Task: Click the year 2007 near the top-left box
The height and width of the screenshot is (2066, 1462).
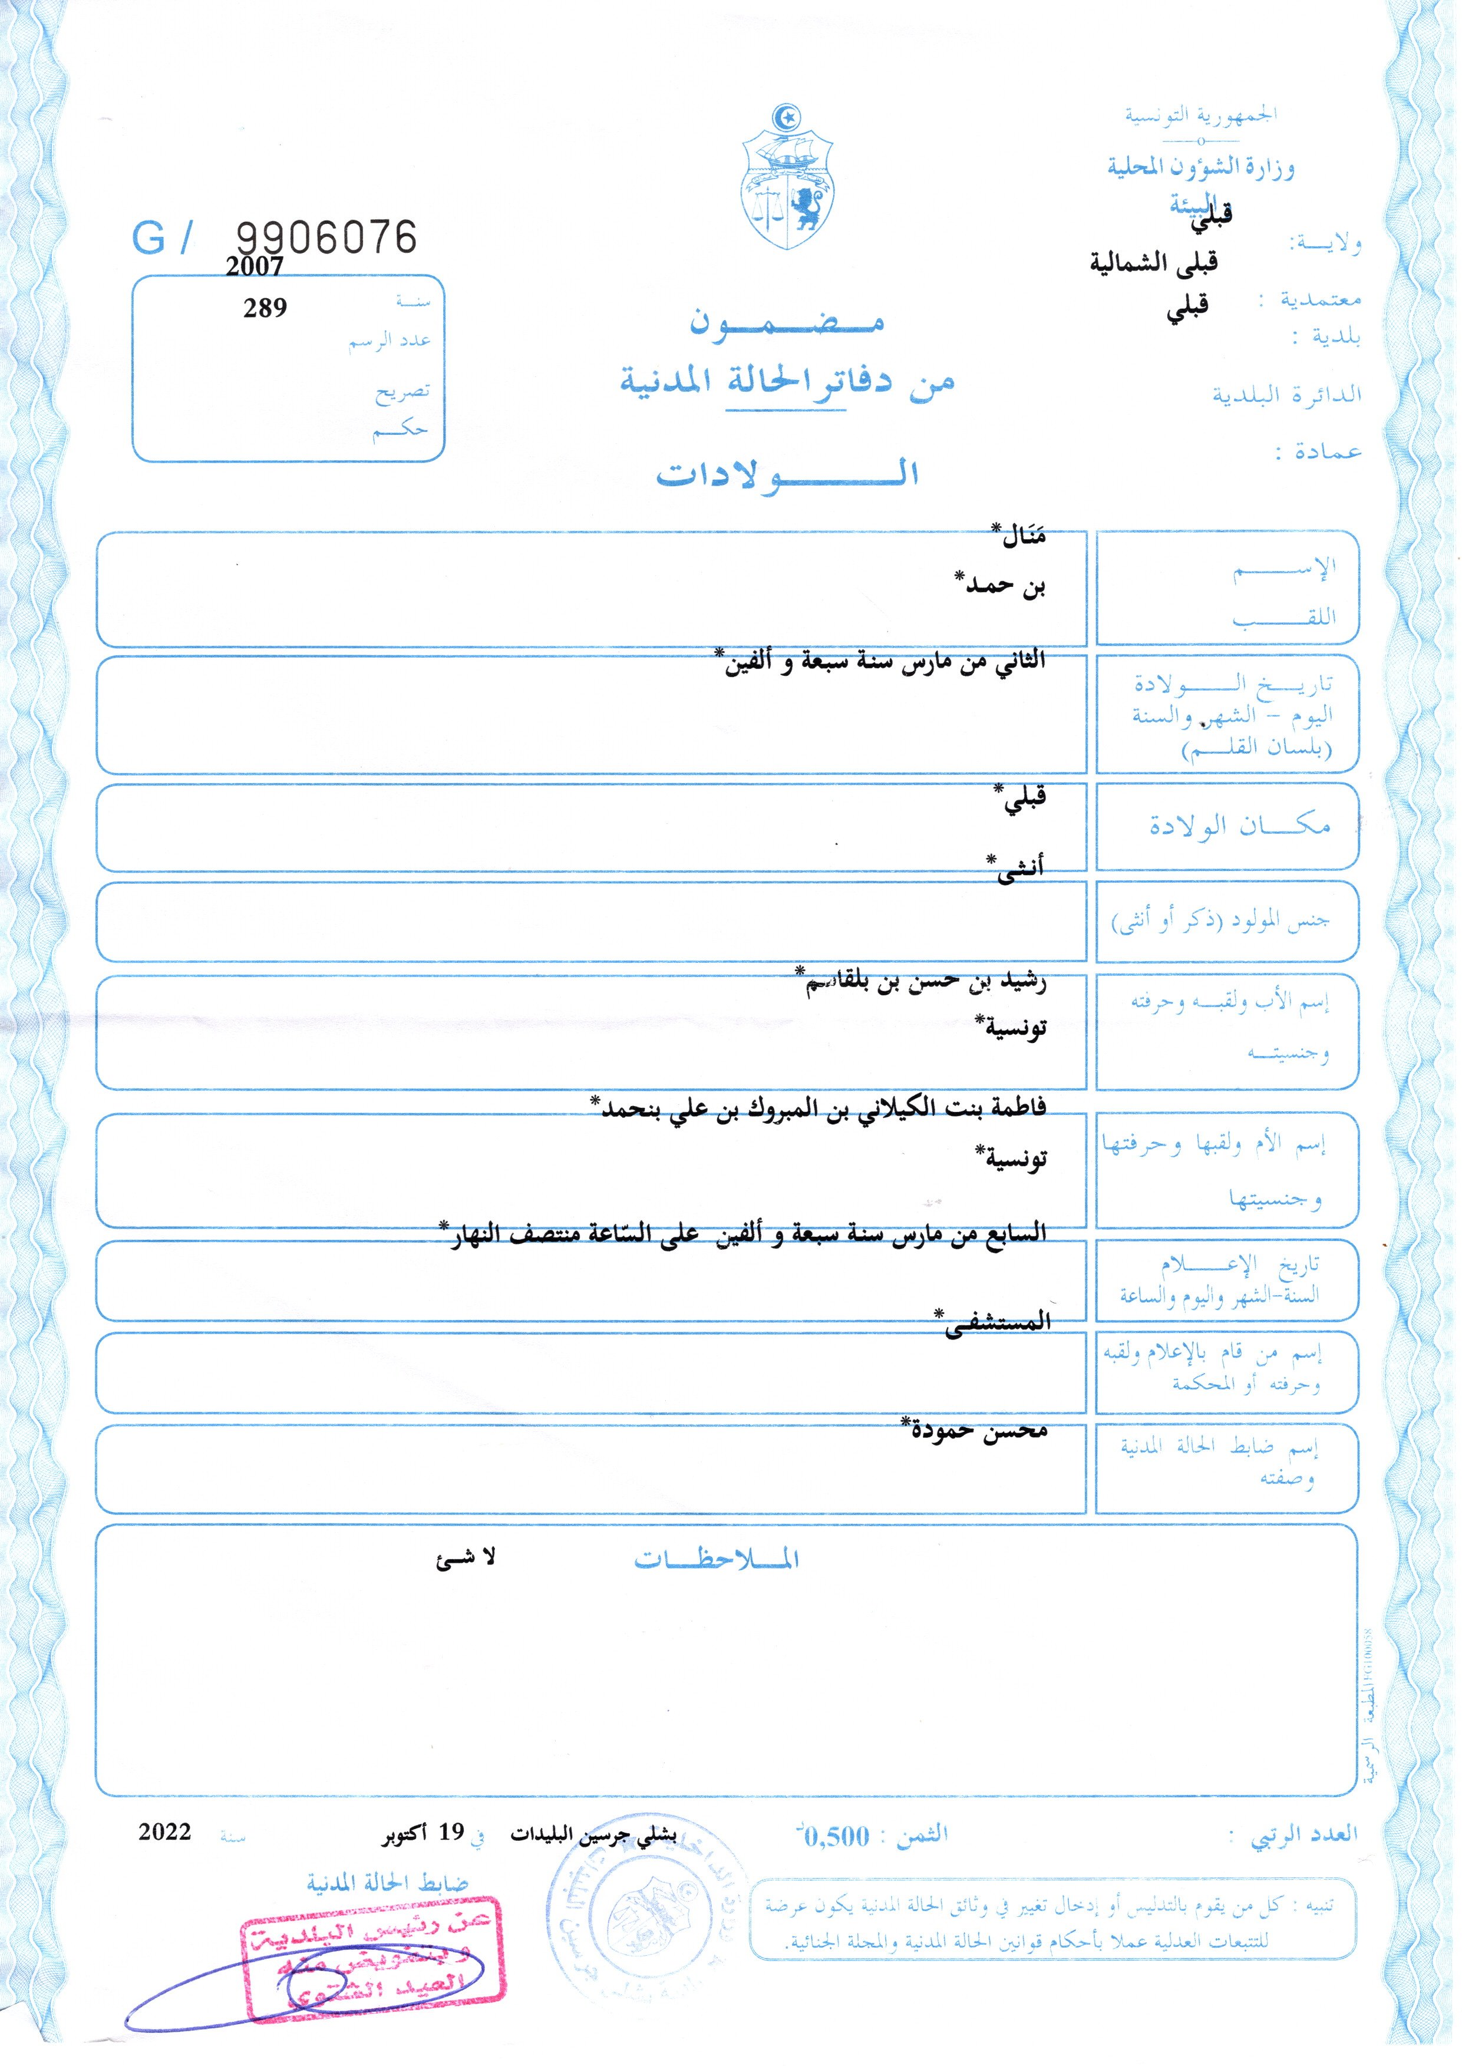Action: pos(254,266)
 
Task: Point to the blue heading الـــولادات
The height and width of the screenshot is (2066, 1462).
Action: pos(788,474)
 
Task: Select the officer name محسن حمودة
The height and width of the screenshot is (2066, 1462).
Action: pos(977,1430)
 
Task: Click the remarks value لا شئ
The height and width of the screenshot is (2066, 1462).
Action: pos(466,1558)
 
